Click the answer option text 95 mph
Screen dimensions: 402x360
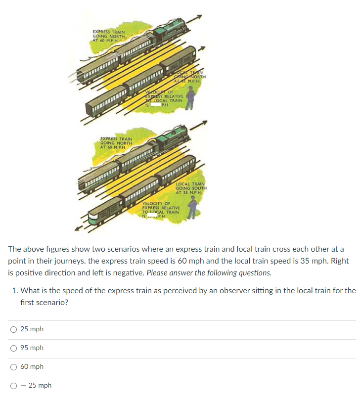pos(32,348)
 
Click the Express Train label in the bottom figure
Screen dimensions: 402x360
pos(116,143)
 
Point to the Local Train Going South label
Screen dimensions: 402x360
pos(191,188)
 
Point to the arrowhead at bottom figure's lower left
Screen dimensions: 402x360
pos(77,229)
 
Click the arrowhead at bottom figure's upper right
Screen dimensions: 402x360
pos(205,122)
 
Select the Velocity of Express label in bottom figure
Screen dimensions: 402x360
pos(157,210)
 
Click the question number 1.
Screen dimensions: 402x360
pos(15,290)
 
